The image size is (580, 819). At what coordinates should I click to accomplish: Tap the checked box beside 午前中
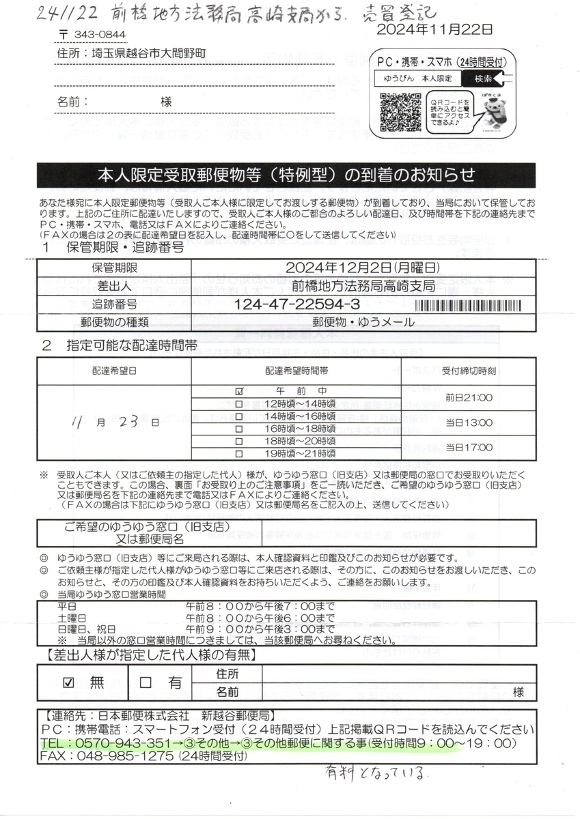point(239,392)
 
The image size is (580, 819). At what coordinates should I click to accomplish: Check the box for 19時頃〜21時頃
point(239,454)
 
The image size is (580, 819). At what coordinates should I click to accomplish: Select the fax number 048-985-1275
point(115,756)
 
